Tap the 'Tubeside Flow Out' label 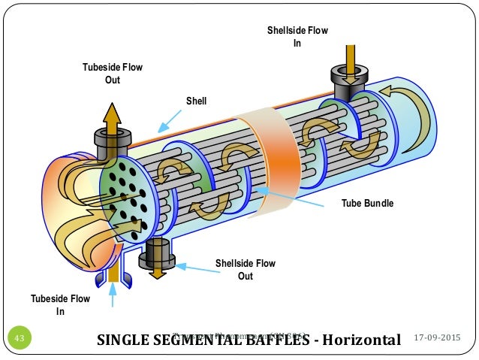coord(112,74)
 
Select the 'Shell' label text coord(196,101)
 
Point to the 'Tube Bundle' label coord(367,204)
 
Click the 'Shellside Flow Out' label coord(246,270)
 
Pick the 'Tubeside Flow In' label coord(60,305)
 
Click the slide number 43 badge coord(20,340)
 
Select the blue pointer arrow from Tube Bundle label coord(293,195)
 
